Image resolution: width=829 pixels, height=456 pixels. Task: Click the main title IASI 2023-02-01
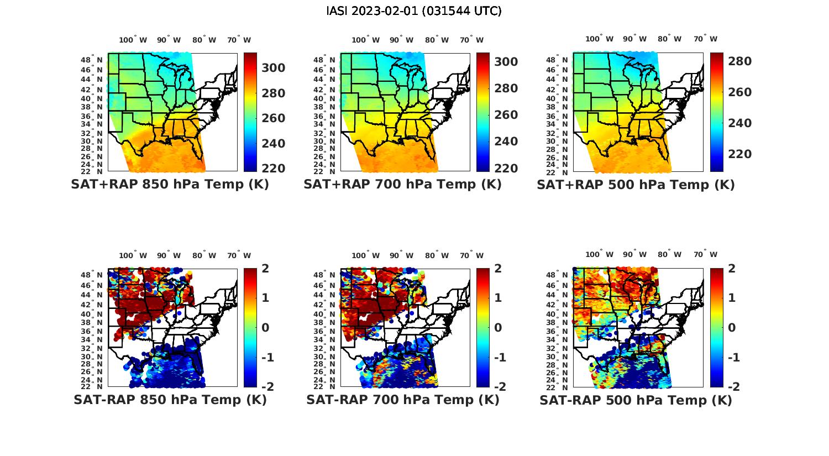(414, 11)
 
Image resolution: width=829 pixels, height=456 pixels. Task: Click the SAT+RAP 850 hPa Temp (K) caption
(170, 184)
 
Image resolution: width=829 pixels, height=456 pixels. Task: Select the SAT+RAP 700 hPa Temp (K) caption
(402, 184)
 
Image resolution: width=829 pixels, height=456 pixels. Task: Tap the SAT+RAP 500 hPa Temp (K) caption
(636, 185)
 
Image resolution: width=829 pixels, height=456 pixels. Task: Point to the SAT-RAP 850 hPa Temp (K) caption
(170, 400)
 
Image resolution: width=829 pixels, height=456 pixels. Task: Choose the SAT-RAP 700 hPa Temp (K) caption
(403, 400)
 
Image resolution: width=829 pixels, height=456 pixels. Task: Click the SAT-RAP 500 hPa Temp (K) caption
(636, 400)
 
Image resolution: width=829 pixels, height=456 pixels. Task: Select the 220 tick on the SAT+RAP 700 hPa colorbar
(506, 168)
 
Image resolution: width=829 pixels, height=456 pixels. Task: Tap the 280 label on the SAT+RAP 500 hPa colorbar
(740, 61)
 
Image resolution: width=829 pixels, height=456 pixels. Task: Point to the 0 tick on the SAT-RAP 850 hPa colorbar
(265, 327)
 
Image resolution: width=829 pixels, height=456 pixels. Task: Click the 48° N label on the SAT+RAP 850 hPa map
(92, 60)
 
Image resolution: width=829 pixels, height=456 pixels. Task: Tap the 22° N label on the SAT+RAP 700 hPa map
(324, 171)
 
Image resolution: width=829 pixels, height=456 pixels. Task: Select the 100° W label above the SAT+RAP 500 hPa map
(599, 39)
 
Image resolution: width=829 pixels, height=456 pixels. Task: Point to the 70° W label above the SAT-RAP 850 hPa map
(239, 255)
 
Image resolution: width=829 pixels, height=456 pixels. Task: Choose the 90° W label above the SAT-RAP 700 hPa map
(401, 255)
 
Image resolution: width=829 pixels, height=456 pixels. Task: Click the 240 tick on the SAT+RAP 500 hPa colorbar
(740, 123)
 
